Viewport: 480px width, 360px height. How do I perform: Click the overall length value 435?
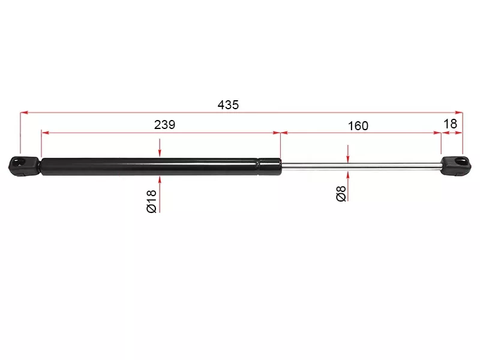(228, 105)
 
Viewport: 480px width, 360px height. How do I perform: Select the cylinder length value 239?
(164, 125)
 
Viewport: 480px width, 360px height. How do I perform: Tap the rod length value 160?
(358, 126)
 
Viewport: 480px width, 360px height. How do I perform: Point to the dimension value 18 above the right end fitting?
(451, 124)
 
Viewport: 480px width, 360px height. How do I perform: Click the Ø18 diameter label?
(152, 201)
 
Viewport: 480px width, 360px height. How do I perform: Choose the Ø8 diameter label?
(341, 193)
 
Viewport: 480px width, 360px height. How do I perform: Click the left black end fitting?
(24, 166)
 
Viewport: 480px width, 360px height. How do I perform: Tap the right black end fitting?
(456, 166)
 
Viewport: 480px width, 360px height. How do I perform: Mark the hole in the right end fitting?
(461, 161)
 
